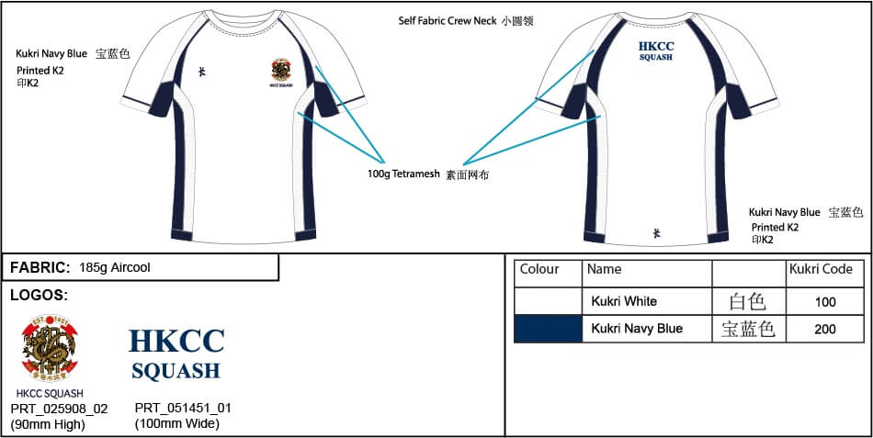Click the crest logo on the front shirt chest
[282, 70]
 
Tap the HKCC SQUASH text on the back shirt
[656, 50]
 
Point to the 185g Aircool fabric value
[115, 268]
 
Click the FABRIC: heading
[40, 268]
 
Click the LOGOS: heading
[39, 296]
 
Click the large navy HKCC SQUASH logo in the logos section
[176, 354]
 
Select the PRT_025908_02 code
[59, 409]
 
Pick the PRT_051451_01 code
[183, 409]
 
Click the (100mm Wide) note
[176, 423]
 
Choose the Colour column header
[539, 269]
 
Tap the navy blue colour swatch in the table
[548, 329]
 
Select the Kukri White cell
[624, 301]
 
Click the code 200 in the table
[824, 329]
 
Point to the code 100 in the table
[824, 301]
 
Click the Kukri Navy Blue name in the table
[637, 329]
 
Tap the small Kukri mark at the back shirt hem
[656, 233]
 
